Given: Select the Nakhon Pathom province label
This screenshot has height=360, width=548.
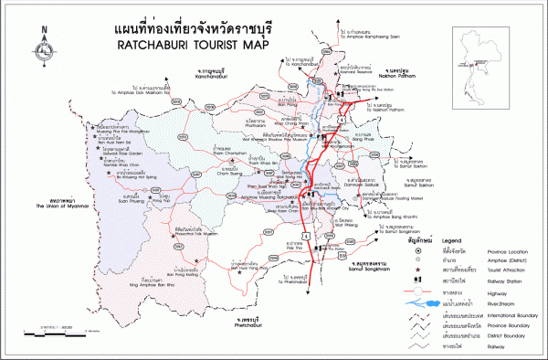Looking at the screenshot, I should [x=399, y=76].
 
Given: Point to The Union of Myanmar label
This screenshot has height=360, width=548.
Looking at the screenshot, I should [x=58, y=206].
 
